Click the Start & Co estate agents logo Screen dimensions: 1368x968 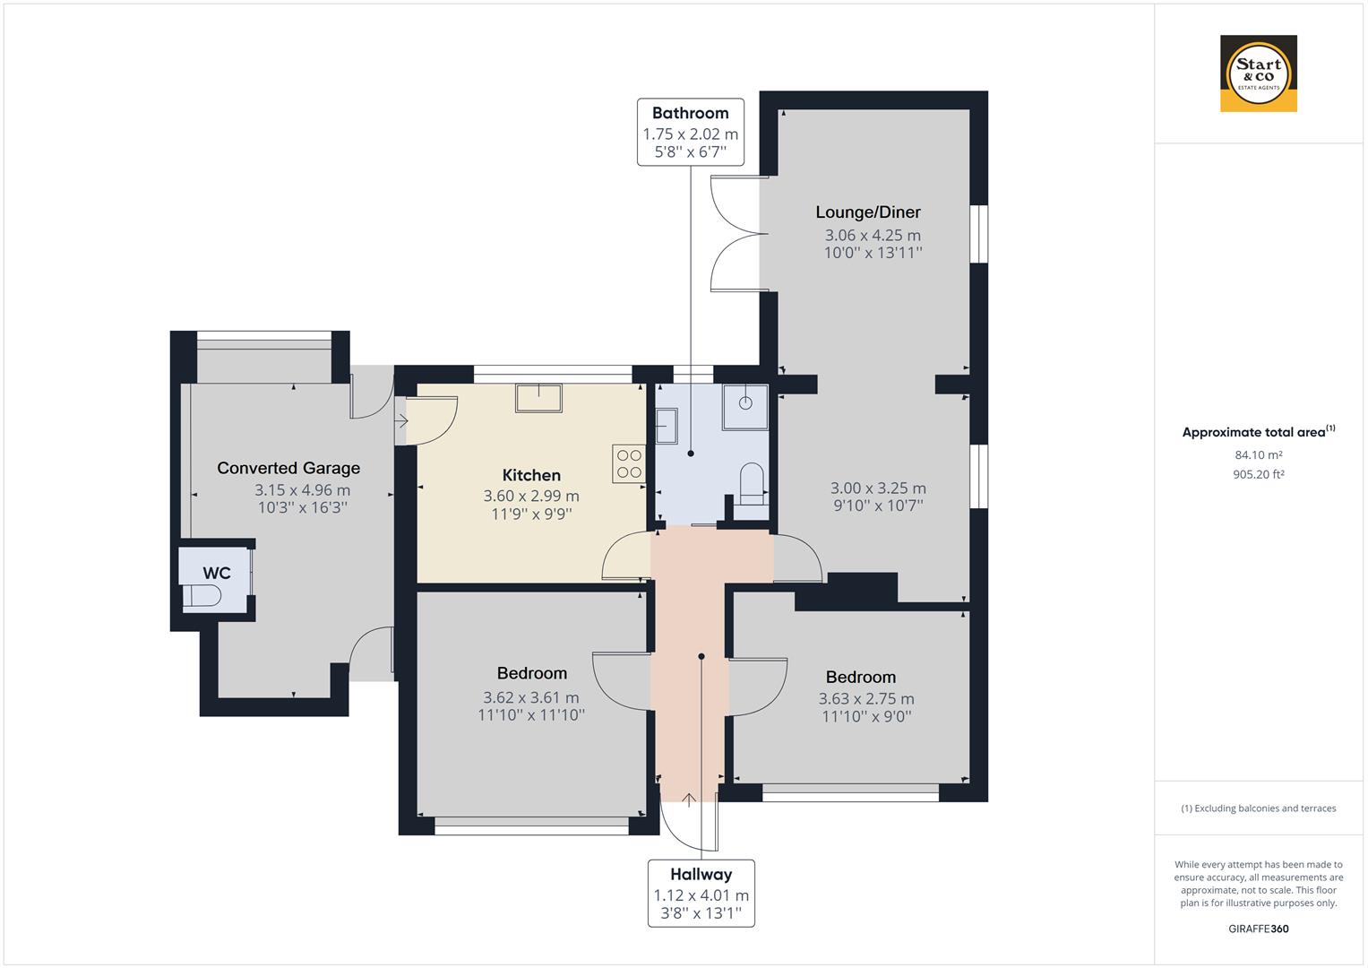click(x=1258, y=73)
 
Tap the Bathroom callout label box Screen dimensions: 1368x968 click(x=690, y=132)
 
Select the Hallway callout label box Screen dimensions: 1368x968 click(x=701, y=894)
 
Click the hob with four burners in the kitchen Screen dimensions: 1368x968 click(x=628, y=464)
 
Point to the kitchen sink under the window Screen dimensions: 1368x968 click(x=538, y=398)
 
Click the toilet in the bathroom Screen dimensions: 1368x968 click(x=752, y=484)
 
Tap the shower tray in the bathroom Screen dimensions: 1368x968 click(x=745, y=407)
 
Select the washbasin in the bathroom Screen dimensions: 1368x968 click(x=667, y=426)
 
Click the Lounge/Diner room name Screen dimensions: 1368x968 click(x=868, y=212)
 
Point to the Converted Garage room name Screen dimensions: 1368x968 click(x=288, y=468)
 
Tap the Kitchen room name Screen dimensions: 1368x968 click(x=531, y=475)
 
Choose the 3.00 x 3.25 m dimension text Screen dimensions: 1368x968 click(x=878, y=488)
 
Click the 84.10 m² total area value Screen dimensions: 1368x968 click(x=1258, y=454)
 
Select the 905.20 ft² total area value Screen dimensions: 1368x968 click(x=1258, y=474)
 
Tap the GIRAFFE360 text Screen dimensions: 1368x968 click(x=1258, y=929)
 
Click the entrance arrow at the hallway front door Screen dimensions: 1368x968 click(x=689, y=799)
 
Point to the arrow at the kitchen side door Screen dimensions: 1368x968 click(x=401, y=420)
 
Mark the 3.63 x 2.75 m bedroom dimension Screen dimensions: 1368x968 click(x=866, y=698)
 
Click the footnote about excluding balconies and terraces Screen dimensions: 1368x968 click(x=1258, y=808)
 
